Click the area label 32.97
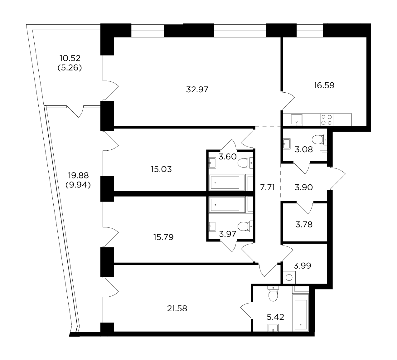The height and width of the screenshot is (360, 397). point(197,90)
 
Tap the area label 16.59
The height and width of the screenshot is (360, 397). point(324,85)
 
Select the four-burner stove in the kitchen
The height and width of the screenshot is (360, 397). point(327,120)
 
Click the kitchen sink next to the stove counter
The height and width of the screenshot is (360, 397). point(297,120)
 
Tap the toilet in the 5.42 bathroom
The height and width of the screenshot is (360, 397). point(273,294)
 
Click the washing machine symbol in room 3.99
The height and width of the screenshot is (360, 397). point(289,277)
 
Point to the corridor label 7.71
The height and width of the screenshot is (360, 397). point(267,187)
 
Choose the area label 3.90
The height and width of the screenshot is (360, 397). point(303,187)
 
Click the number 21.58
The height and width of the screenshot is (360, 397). point(177,309)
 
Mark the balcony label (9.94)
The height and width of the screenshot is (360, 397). point(78,185)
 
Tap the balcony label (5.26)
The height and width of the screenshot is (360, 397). point(70,68)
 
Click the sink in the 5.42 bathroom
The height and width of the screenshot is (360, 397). point(273,328)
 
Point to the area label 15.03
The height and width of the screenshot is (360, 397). point(161,169)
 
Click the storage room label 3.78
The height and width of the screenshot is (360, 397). point(304,225)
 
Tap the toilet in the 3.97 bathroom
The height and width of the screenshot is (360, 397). point(245,226)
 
